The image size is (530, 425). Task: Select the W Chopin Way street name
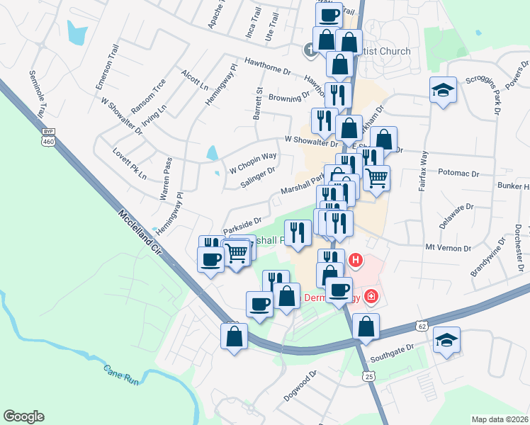252,163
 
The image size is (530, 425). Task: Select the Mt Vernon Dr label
448,249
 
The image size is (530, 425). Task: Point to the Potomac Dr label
459,172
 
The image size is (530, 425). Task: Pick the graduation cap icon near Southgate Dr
446,339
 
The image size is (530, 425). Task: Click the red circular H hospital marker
356,261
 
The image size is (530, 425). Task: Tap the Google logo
23,416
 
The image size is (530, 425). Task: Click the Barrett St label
259,103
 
